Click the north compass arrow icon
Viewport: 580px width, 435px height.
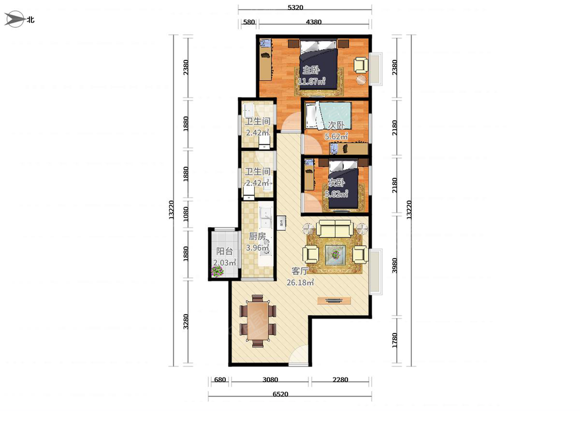click(x=15, y=19)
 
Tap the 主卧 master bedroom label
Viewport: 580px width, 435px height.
click(x=311, y=70)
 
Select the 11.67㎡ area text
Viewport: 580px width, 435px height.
click(x=312, y=81)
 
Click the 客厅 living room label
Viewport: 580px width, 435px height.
click(x=300, y=271)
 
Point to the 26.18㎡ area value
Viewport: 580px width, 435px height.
click(x=301, y=282)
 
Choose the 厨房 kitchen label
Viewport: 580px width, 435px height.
click(x=257, y=236)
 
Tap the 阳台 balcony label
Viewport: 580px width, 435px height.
click(x=224, y=251)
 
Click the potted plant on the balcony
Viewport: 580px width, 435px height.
click(x=217, y=271)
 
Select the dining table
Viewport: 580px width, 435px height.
click(x=258, y=321)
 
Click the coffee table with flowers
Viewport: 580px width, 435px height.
click(x=335, y=255)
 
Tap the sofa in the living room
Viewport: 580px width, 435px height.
click(x=335, y=229)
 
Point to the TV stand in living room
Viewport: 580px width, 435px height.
click(x=334, y=301)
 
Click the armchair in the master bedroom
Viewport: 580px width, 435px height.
click(x=361, y=65)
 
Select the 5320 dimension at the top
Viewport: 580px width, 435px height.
click(x=295, y=7)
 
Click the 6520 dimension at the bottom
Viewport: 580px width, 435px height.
click(x=280, y=394)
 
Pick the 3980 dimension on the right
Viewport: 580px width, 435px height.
click(x=394, y=265)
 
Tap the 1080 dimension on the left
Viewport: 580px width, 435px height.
click(x=186, y=214)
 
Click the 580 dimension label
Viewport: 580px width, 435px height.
click(x=248, y=22)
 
